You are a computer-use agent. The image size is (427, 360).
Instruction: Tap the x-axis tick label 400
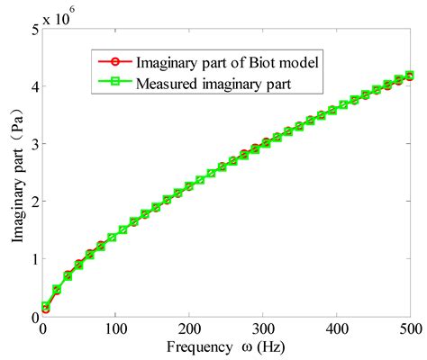click(x=337, y=329)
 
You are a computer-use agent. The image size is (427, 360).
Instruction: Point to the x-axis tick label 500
click(x=410, y=329)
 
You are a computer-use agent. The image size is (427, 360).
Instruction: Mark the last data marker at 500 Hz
click(x=410, y=76)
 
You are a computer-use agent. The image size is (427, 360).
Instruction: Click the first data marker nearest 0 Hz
click(x=45, y=307)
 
